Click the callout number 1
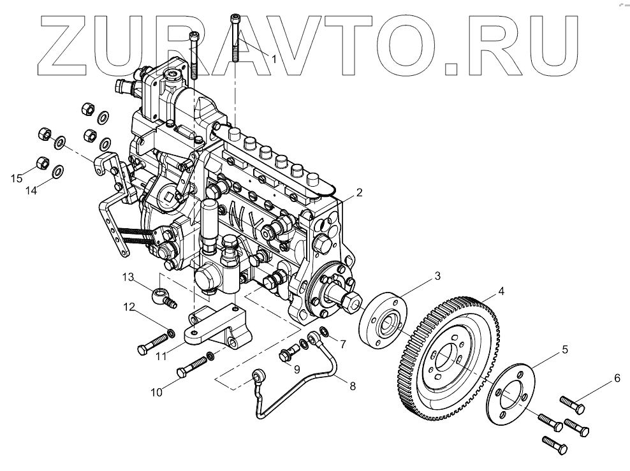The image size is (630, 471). pos(274,59)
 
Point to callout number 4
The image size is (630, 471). pos(502,291)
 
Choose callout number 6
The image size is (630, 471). pos(617,379)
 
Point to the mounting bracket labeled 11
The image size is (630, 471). pos(217,329)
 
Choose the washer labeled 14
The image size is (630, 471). pos(57,171)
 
